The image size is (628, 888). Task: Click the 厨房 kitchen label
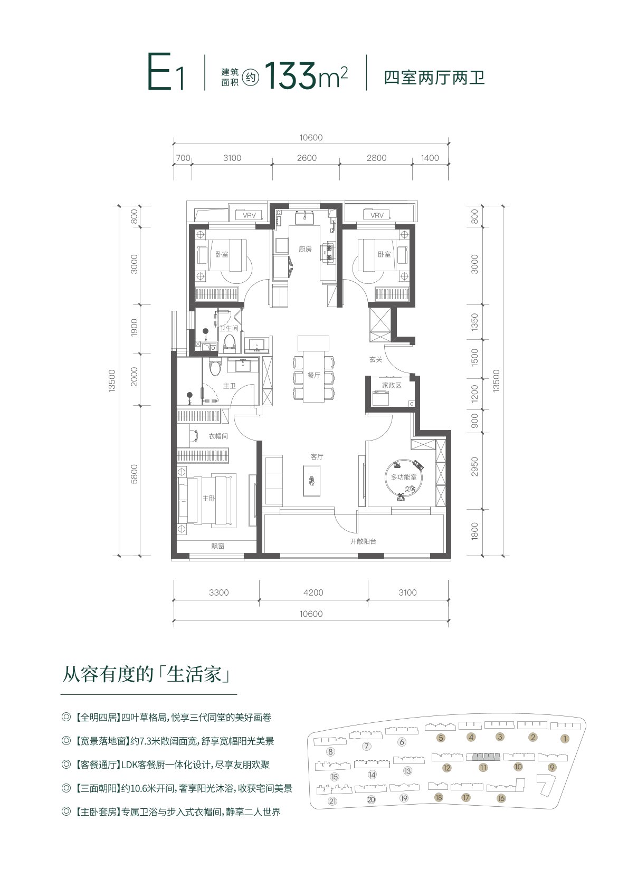(305, 250)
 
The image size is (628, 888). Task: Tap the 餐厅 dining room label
(313, 375)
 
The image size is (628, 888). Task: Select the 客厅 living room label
(317, 457)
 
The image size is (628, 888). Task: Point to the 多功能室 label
(404, 477)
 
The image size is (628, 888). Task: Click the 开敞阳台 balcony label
(363, 541)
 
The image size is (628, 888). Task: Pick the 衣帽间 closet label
(218, 436)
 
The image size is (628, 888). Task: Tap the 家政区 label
(392, 385)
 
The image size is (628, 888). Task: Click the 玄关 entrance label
(376, 359)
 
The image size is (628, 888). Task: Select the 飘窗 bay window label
(217, 546)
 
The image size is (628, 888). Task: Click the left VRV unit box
(250, 215)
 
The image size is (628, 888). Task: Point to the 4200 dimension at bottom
(313, 593)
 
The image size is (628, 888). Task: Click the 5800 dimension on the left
(134, 474)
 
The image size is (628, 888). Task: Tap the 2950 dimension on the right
(474, 466)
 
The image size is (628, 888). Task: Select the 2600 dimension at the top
(307, 158)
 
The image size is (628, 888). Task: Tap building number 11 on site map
(483, 768)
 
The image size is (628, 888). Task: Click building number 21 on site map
(332, 801)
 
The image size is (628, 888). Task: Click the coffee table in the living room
(311, 481)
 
